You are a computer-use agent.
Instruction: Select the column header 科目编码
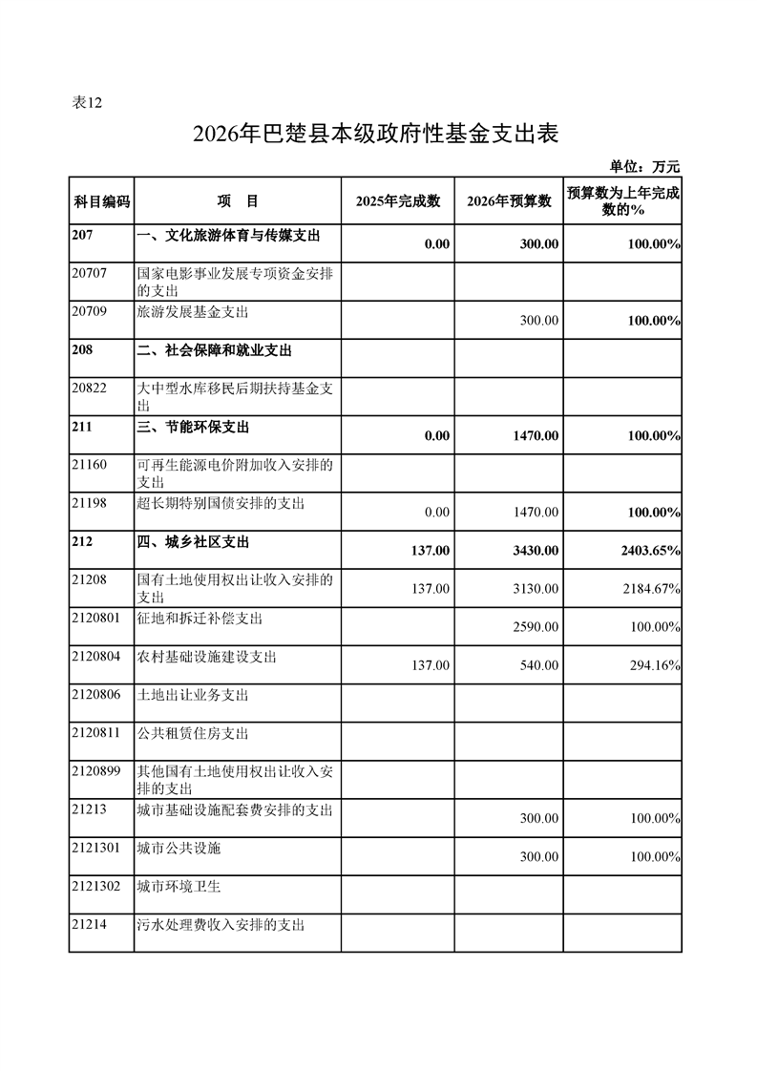click(101, 201)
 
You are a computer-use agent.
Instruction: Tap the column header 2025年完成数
click(397, 201)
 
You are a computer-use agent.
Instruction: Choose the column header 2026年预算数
click(510, 201)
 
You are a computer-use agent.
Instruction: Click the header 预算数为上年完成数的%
click(622, 201)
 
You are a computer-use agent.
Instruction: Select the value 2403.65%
click(649, 551)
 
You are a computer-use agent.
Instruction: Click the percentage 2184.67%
click(650, 589)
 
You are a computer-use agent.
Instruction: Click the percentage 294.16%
click(654, 665)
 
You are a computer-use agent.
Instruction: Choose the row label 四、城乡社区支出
click(194, 541)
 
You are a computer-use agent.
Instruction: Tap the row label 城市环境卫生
click(179, 886)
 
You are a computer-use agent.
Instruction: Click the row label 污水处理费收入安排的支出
click(221, 924)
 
